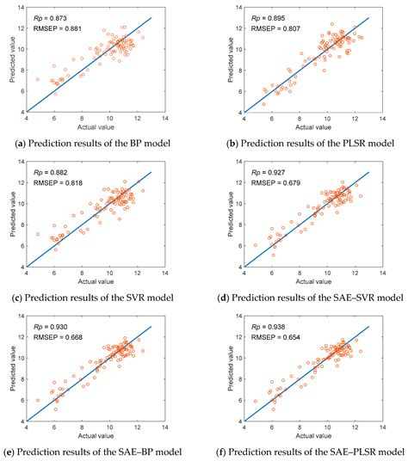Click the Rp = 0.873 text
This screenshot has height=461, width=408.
[x=52, y=16]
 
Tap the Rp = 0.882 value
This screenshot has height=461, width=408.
[x=52, y=174]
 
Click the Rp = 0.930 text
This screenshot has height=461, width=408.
[x=52, y=330]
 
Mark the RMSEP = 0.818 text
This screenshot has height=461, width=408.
[x=55, y=185]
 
